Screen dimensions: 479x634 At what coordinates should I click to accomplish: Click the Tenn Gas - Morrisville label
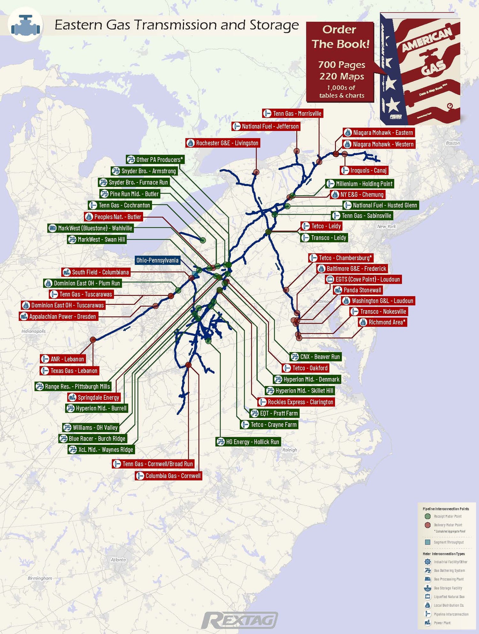293,113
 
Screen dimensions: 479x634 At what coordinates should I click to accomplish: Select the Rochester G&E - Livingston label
223,143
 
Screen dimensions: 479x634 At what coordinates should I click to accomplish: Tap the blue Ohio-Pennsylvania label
157,260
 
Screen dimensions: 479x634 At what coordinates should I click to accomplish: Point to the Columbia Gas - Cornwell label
169,476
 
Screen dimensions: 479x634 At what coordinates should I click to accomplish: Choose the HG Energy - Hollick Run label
248,442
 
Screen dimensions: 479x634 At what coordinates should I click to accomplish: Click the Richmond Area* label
383,322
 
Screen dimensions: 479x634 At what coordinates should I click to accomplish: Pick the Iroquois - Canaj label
364,170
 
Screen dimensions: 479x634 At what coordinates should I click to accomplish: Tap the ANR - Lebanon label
63,359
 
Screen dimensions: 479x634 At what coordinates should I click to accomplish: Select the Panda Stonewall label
358,290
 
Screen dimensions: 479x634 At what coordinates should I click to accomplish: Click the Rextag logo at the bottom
240,621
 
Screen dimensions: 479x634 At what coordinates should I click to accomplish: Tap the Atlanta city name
118,560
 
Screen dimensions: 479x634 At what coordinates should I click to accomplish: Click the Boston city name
452,143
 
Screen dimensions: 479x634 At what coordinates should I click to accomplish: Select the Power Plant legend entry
442,623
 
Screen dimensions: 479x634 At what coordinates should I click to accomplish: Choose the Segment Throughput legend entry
448,542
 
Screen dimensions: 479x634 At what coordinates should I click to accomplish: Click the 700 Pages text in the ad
341,65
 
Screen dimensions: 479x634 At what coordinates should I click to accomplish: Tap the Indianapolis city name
34,331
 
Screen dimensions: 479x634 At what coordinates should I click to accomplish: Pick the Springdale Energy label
94,398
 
